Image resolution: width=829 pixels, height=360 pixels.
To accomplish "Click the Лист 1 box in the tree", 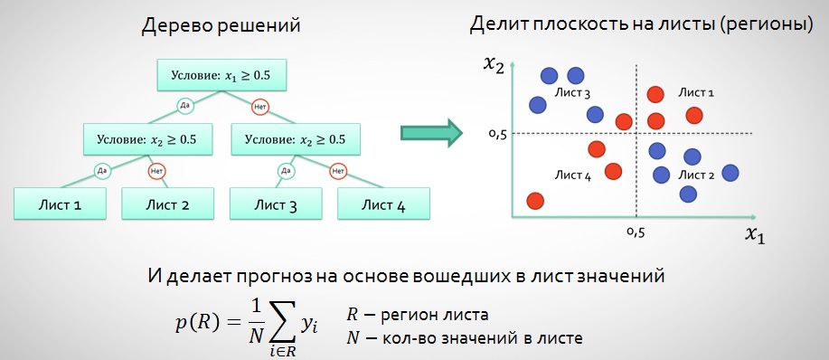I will (61, 204).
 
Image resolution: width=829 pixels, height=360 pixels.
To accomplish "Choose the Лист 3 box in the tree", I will (275, 204).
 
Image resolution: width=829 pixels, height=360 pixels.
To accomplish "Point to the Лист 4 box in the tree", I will (382, 204).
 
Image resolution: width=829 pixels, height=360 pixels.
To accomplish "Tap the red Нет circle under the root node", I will (260, 105).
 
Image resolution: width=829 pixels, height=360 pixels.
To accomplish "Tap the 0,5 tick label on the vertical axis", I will (496, 135).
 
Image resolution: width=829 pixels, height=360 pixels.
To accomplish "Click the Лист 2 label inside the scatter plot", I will (696, 174).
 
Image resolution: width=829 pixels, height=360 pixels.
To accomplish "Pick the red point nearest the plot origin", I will (534, 201).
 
